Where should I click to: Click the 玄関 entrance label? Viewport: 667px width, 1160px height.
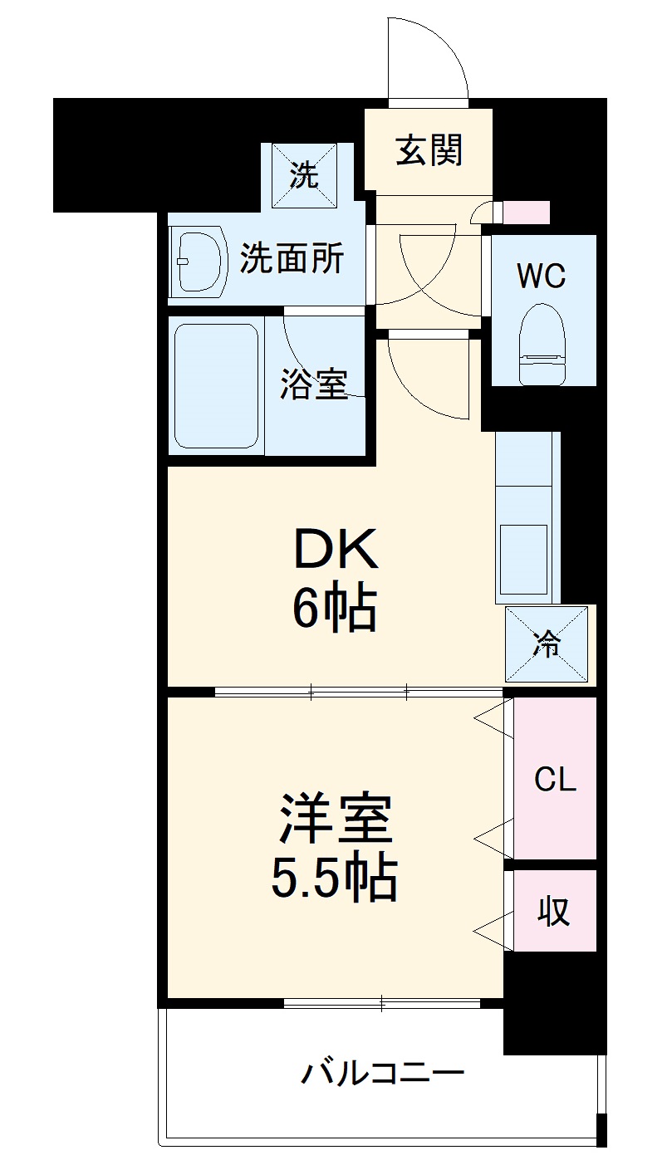[429, 150]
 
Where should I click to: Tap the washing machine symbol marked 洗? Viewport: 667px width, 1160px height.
[302, 176]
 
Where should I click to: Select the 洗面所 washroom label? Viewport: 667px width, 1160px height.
[292, 260]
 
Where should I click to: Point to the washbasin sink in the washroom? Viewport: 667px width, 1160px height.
[200, 260]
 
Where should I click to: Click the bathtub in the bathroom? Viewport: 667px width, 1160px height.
[216, 384]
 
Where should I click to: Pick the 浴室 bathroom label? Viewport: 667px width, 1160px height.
[313, 384]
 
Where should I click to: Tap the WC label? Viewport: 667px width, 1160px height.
[542, 275]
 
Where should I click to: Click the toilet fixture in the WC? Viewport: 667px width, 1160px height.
[543, 345]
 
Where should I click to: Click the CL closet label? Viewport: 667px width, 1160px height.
[555, 780]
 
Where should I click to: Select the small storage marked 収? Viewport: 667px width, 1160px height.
[554, 911]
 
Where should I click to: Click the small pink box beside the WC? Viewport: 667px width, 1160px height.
[527, 213]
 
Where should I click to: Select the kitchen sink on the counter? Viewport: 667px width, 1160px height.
[523, 559]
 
